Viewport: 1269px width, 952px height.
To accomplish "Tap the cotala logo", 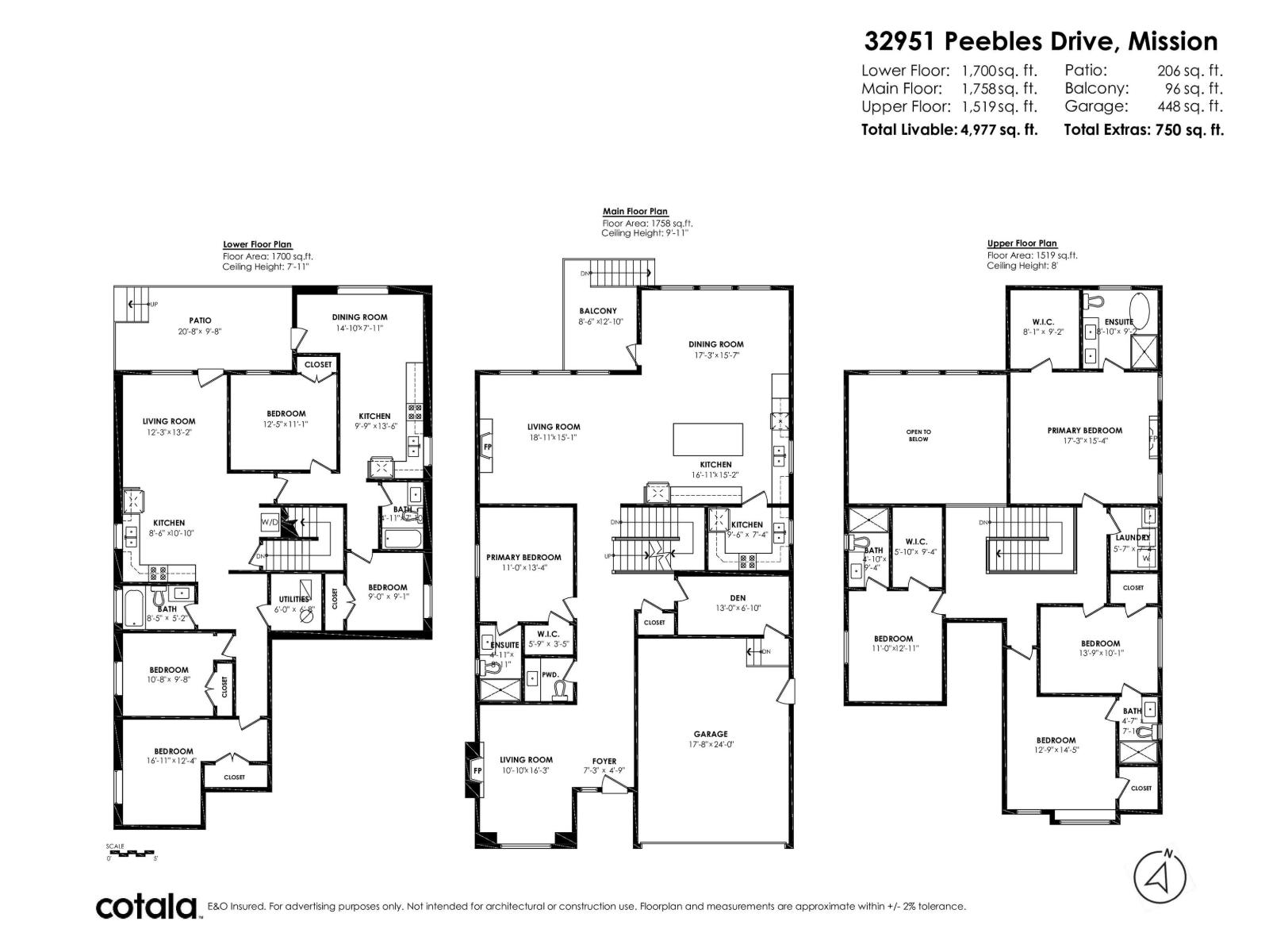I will coord(147,906).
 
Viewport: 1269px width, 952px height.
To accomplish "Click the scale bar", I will coord(132,854).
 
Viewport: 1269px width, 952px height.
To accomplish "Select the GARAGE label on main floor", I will coord(710,734).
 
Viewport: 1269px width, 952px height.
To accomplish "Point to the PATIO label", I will coord(200,321).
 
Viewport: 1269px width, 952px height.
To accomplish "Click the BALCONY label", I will coord(597,311).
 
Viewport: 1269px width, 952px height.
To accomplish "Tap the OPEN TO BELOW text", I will coord(918,436).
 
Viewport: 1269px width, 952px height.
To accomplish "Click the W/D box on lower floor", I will coord(269,522).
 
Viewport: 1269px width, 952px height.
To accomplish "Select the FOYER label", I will coord(604,761).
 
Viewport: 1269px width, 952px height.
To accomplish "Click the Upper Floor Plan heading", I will coord(1022,244).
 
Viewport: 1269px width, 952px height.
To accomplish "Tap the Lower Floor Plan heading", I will coord(257,245).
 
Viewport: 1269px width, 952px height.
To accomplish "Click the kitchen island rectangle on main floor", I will coord(708,439).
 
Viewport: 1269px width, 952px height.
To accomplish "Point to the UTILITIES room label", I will coord(293,599).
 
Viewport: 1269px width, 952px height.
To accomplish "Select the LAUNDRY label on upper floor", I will coord(1132,537).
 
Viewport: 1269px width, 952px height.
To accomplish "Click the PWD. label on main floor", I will coord(550,674).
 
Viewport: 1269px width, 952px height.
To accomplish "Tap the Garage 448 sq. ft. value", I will coord(1190,106).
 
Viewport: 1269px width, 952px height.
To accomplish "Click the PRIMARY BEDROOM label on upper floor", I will coord(1084,430).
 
